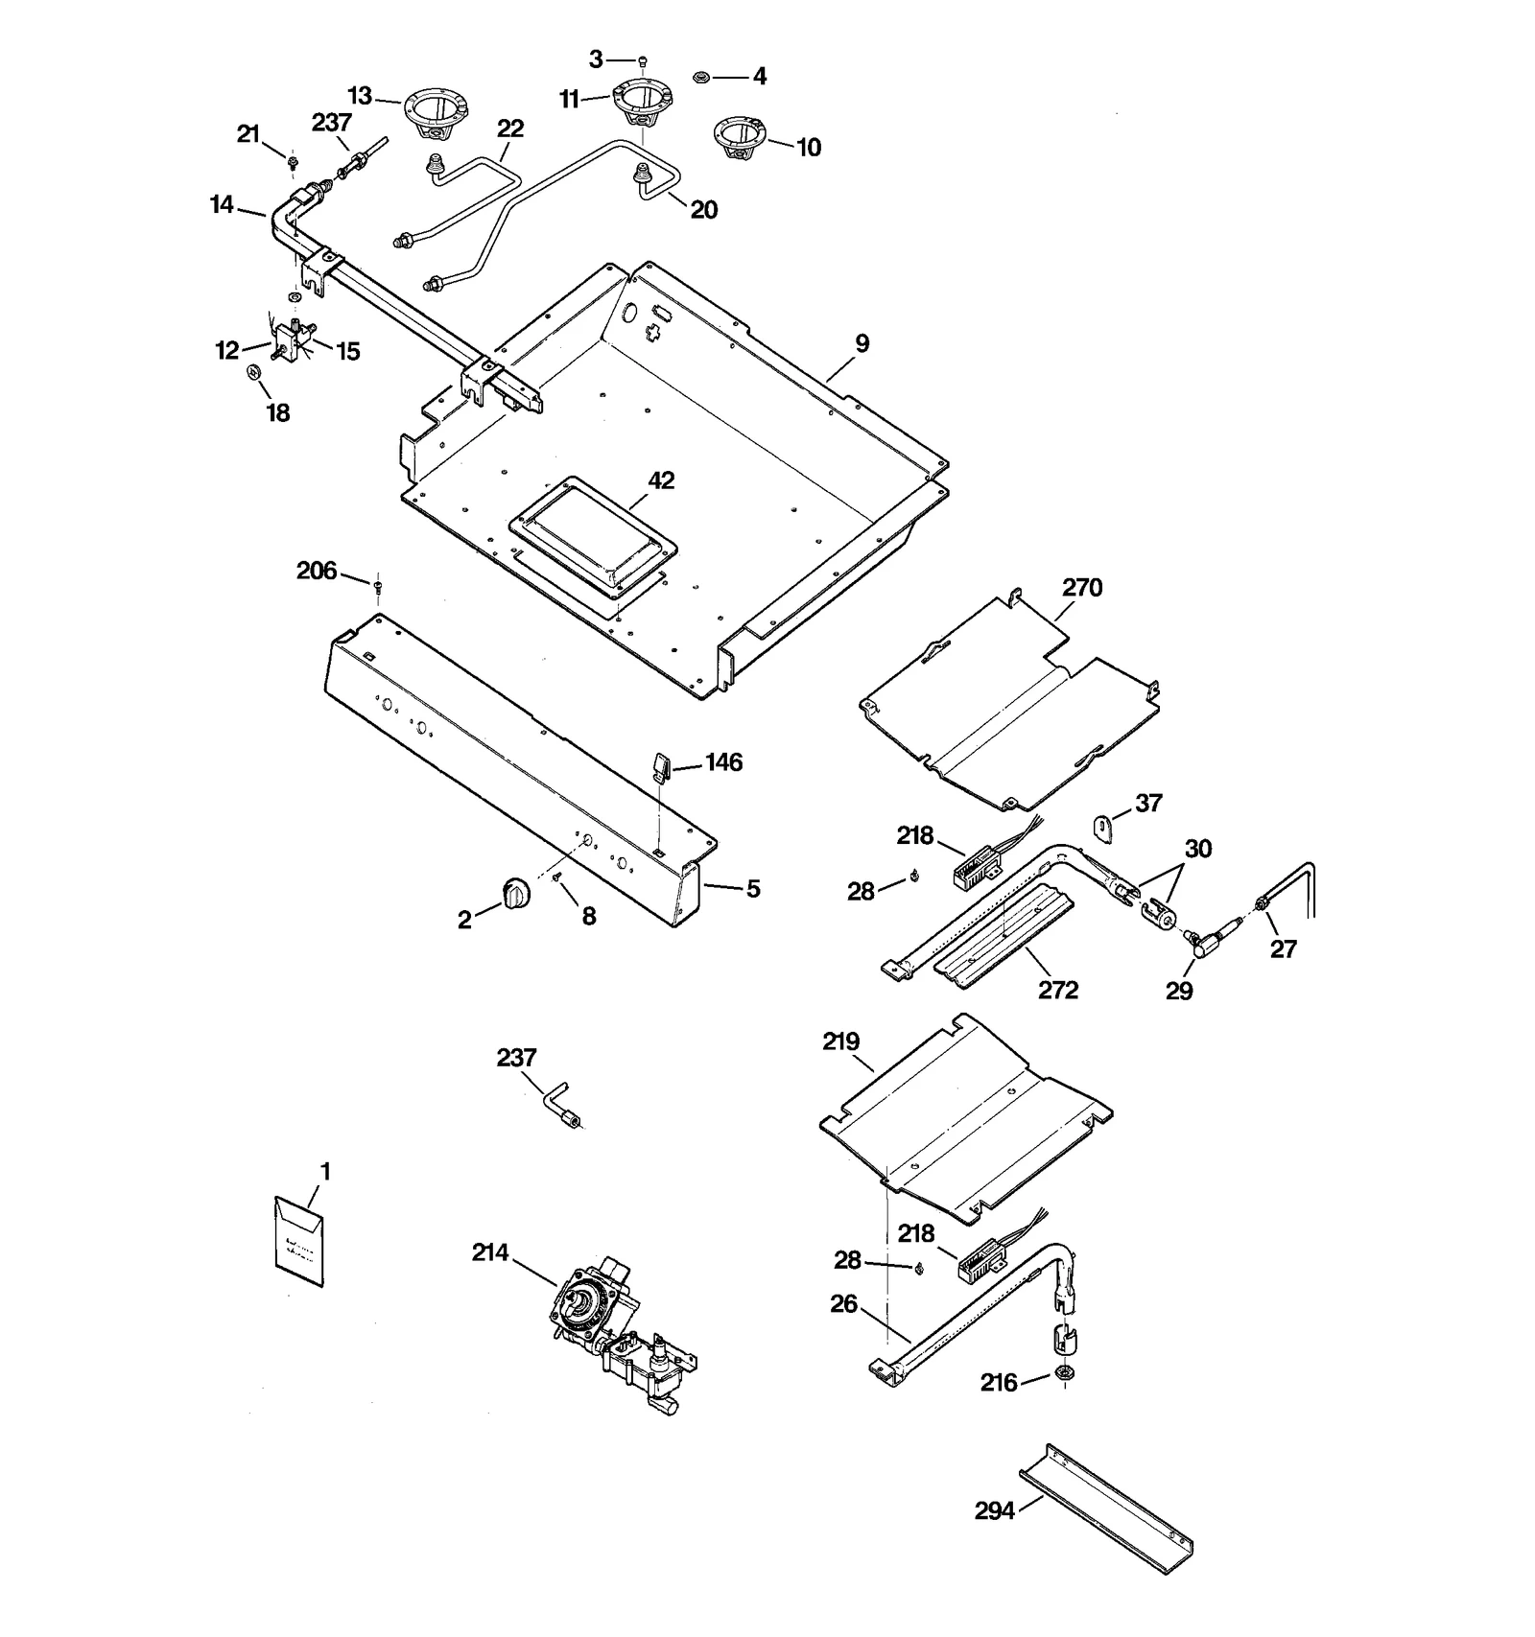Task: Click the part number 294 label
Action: (994, 1511)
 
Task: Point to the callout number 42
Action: (661, 480)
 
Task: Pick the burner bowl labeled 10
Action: (741, 136)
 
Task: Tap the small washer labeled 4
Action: (700, 76)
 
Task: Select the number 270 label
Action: (1082, 587)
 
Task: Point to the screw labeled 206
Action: (379, 583)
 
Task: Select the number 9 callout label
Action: (862, 343)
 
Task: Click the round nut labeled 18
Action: (254, 373)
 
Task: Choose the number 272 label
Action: (1058, 990)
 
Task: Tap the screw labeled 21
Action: (292, 159)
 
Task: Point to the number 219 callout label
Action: (840, 1041)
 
